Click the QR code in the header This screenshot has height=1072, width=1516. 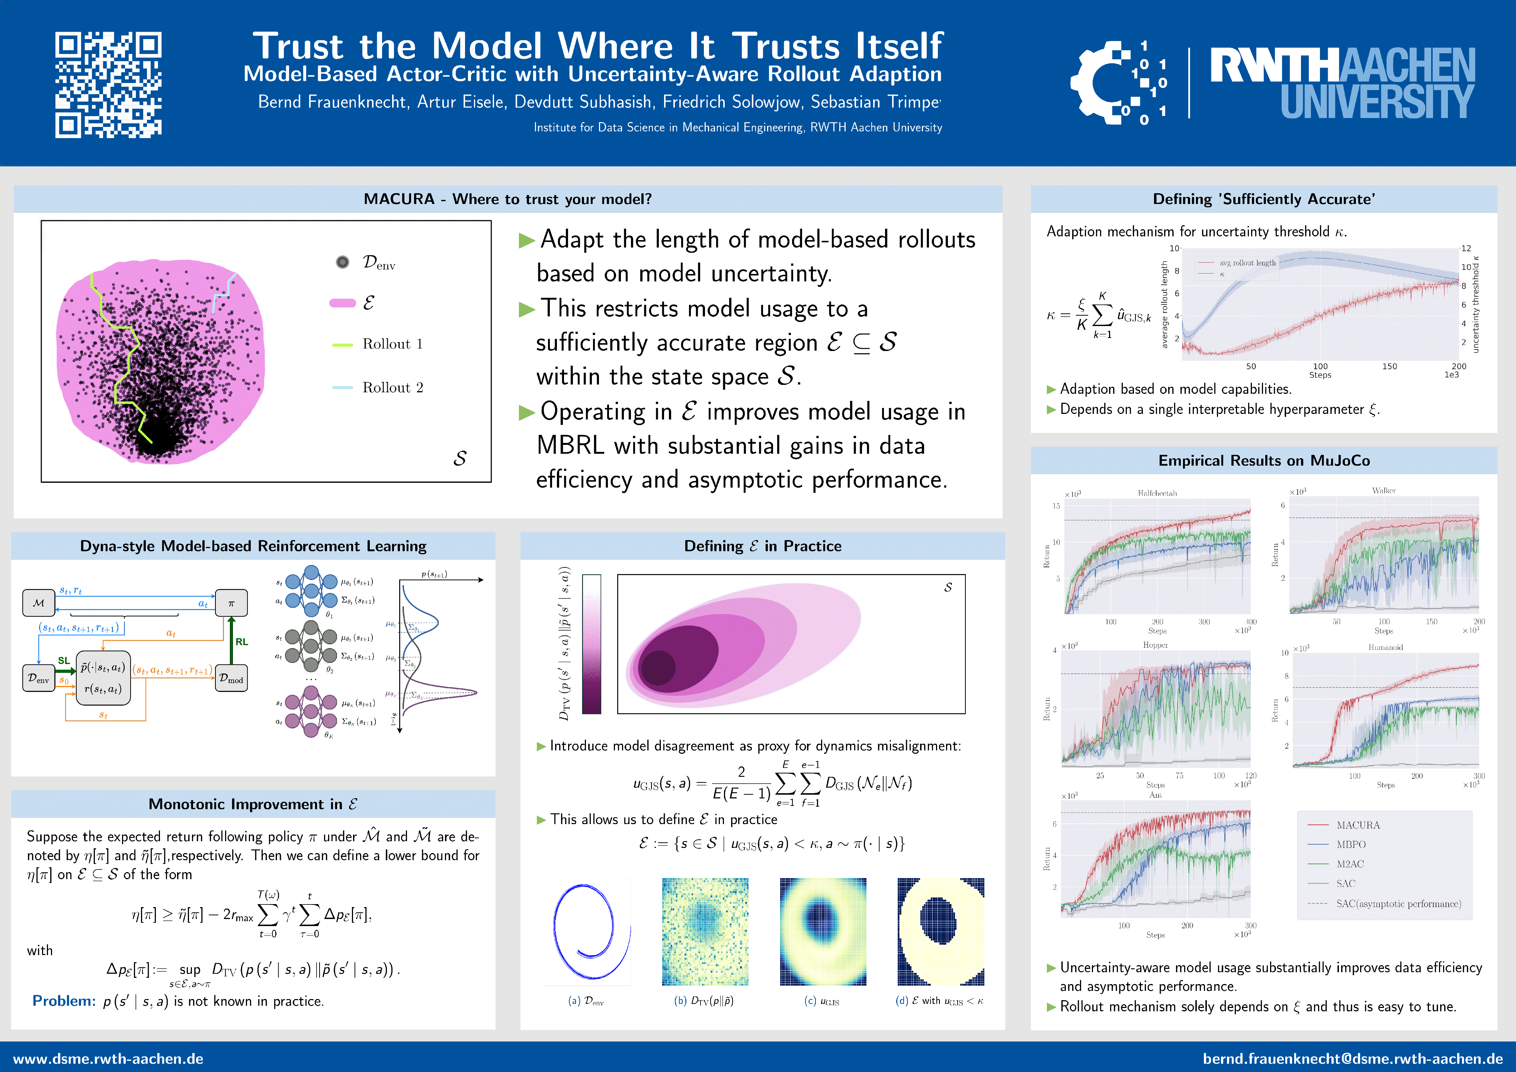pos(108,84)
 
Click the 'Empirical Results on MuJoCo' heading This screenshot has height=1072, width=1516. pos(1263,460)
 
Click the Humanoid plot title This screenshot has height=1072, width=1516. pos(1385,647)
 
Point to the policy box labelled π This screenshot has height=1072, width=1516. pos(231,603)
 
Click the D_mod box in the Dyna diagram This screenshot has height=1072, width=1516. pos(231,678)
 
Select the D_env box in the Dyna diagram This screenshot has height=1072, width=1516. pos(38,678)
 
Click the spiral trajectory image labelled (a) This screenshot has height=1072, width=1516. pos(587,931)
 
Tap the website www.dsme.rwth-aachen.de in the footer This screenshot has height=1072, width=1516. pos(108,1058)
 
